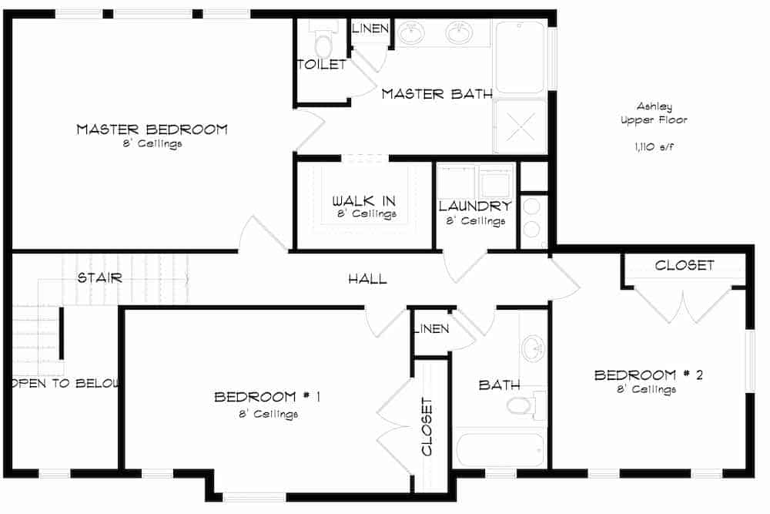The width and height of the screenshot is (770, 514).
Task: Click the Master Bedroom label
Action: tap(152, 129)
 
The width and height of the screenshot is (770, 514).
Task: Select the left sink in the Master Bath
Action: tap(412, 33)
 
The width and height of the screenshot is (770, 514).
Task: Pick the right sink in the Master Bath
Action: tap(460, 33)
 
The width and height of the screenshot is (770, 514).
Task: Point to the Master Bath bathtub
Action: tap(520, 56)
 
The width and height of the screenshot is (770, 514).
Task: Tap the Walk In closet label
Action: tap(364, 201)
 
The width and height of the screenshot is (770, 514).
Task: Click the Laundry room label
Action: tap(475, 206)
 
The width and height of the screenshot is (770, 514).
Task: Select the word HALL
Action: tap(367, 279)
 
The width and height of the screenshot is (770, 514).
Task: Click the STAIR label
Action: tap(99, 277)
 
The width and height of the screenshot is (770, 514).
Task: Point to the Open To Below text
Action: tap(65, 383)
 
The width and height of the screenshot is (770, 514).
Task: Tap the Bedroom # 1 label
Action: tap(266, 397)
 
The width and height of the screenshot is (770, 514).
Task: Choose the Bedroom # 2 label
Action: tap(648, 375)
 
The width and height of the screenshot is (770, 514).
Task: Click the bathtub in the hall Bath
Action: tap(500, 450)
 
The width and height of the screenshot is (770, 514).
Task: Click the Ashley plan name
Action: tap(653, 107)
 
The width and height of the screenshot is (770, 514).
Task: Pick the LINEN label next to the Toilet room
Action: tap(370, 29)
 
